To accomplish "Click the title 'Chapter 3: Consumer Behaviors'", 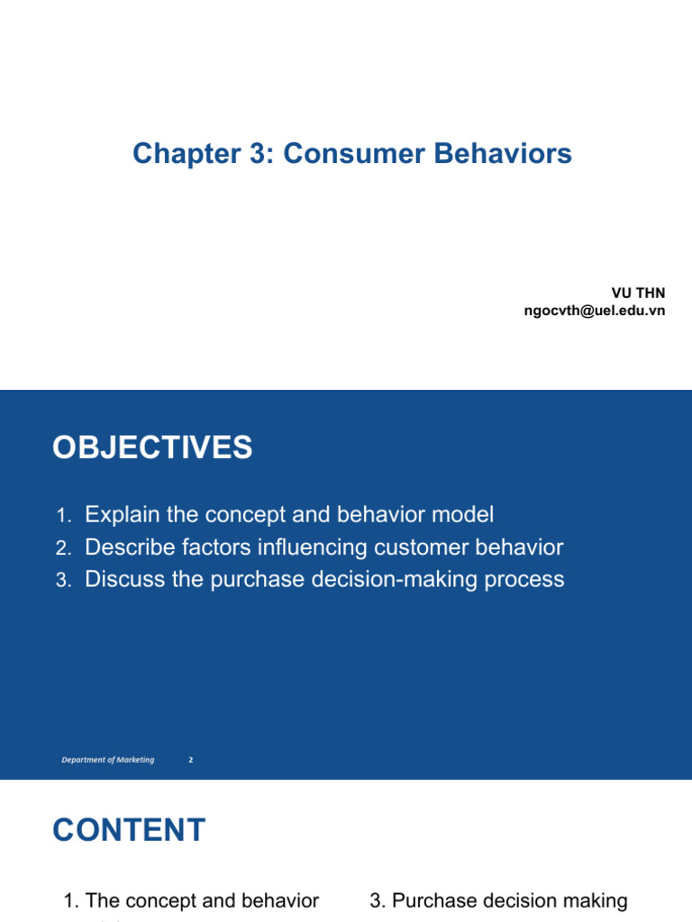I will click(352, 154).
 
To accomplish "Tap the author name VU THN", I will click(639, 294).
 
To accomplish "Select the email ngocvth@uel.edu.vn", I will click(595, 311).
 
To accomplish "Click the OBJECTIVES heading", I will click(152, 447).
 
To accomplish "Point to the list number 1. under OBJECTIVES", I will click(62, 516).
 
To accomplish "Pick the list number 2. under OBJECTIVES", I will click(62, 548).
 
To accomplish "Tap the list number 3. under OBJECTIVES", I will click(62, 581).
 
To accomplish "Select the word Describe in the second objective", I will click(126, 547).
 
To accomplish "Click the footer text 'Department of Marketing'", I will click(108, 760).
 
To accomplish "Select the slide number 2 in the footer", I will click(191, 760).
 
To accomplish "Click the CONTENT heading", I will click(129, 830).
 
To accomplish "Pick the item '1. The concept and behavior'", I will click(191, 900).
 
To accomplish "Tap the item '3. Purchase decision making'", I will click(498, 900).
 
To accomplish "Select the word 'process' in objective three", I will click(528, 579).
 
